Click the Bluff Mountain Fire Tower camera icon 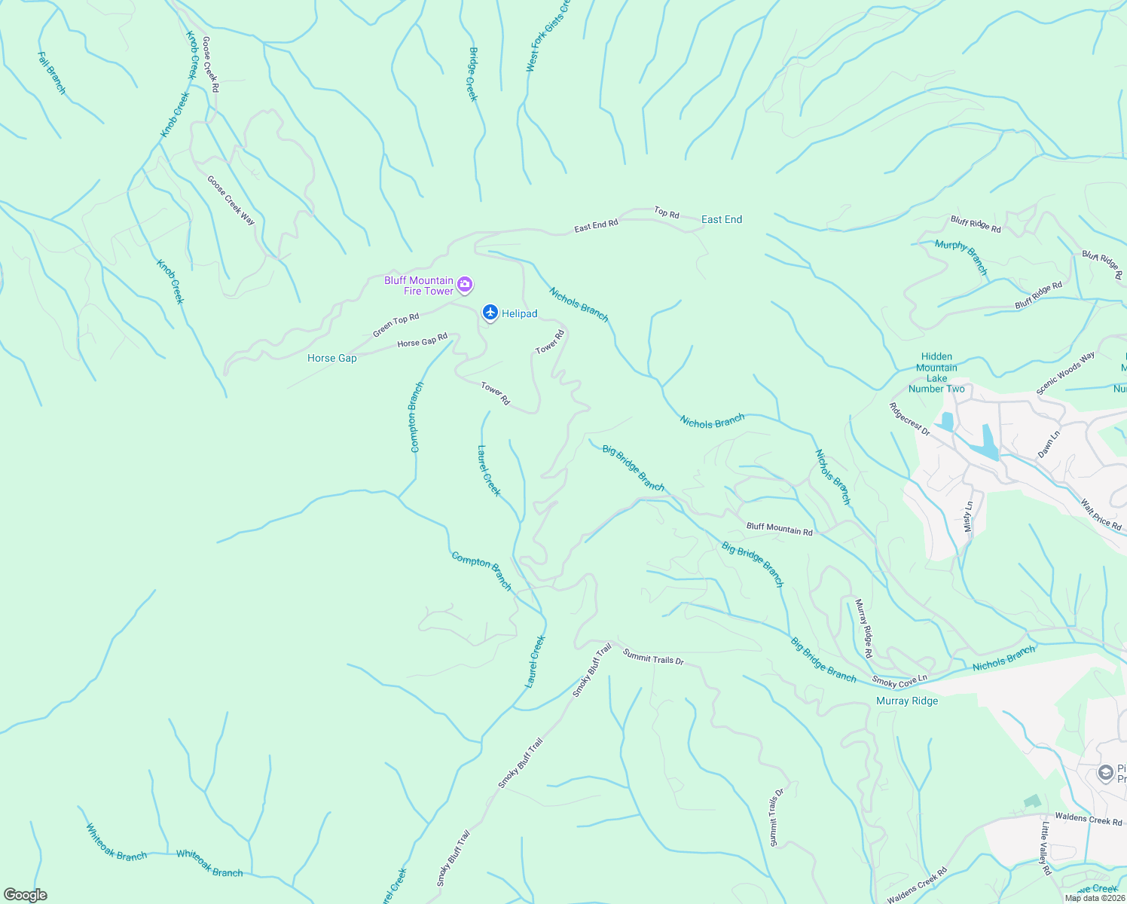[465, 285]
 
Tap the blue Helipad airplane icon [490, 313]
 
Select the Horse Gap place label [331, 358]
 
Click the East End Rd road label [596, 224]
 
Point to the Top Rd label [667, 213]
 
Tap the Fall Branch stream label [52, 73]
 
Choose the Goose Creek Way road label [231, 200]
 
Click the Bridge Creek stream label [473, 74]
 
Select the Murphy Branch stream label [961, 256]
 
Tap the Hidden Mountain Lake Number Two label [936, 373]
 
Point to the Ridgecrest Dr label [909, 420]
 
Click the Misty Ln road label [969, 517]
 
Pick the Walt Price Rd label [1101, 515]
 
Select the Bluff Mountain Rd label [779, 530]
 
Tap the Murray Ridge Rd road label [863, 628]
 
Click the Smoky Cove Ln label [899, 681]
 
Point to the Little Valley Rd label [1046, 848]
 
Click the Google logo [25, 894]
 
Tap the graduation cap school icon [1105, 774]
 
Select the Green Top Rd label [396, 325]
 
